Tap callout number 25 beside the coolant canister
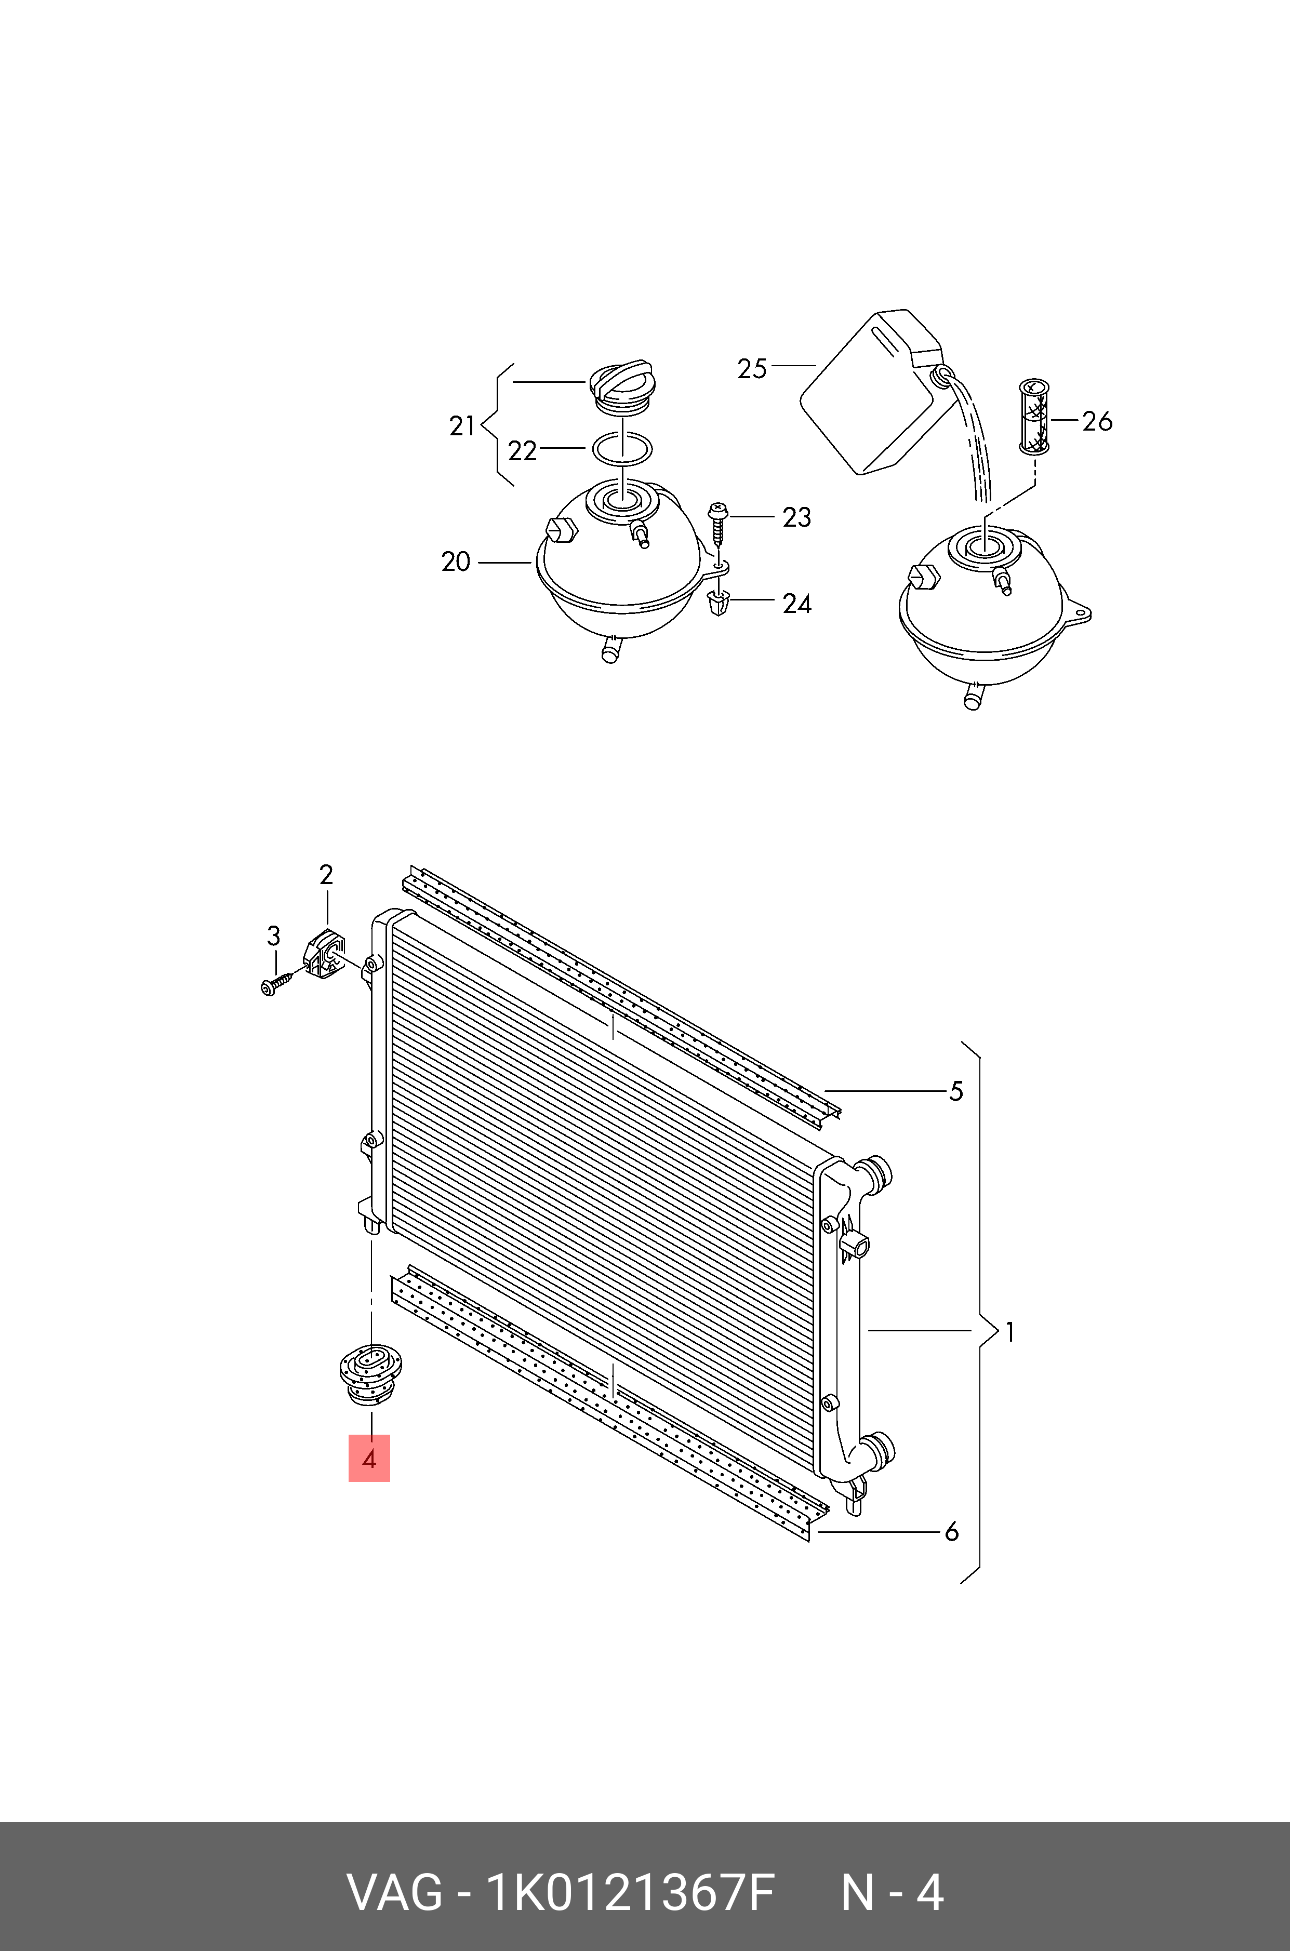[752, 368]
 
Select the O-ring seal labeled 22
[623, 449]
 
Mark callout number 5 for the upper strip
[955, 1091]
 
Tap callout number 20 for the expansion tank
[455, 562]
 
